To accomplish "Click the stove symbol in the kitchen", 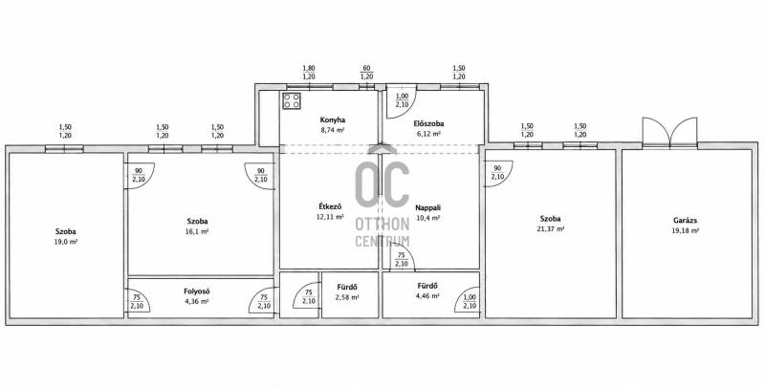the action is [292, 101].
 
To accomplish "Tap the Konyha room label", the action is [333, 119].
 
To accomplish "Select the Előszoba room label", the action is [428, 124].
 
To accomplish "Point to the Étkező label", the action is [330, 206].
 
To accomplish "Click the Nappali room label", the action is [427, 207].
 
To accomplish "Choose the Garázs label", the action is [685, 221].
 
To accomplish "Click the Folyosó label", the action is [197, 291].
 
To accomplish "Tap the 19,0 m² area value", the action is [65, 241].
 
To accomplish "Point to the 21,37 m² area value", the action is [550, 229].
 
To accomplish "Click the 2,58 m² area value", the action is [347, 297].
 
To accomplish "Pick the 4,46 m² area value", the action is [427, 295].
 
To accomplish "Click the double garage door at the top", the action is [670, 132].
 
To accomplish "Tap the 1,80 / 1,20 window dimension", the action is [309, 73].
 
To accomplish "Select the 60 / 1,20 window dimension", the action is [366, 73].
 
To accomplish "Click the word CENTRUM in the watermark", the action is [382, 241].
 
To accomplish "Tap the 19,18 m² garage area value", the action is [685, 231].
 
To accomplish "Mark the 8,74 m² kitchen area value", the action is [333, 130].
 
